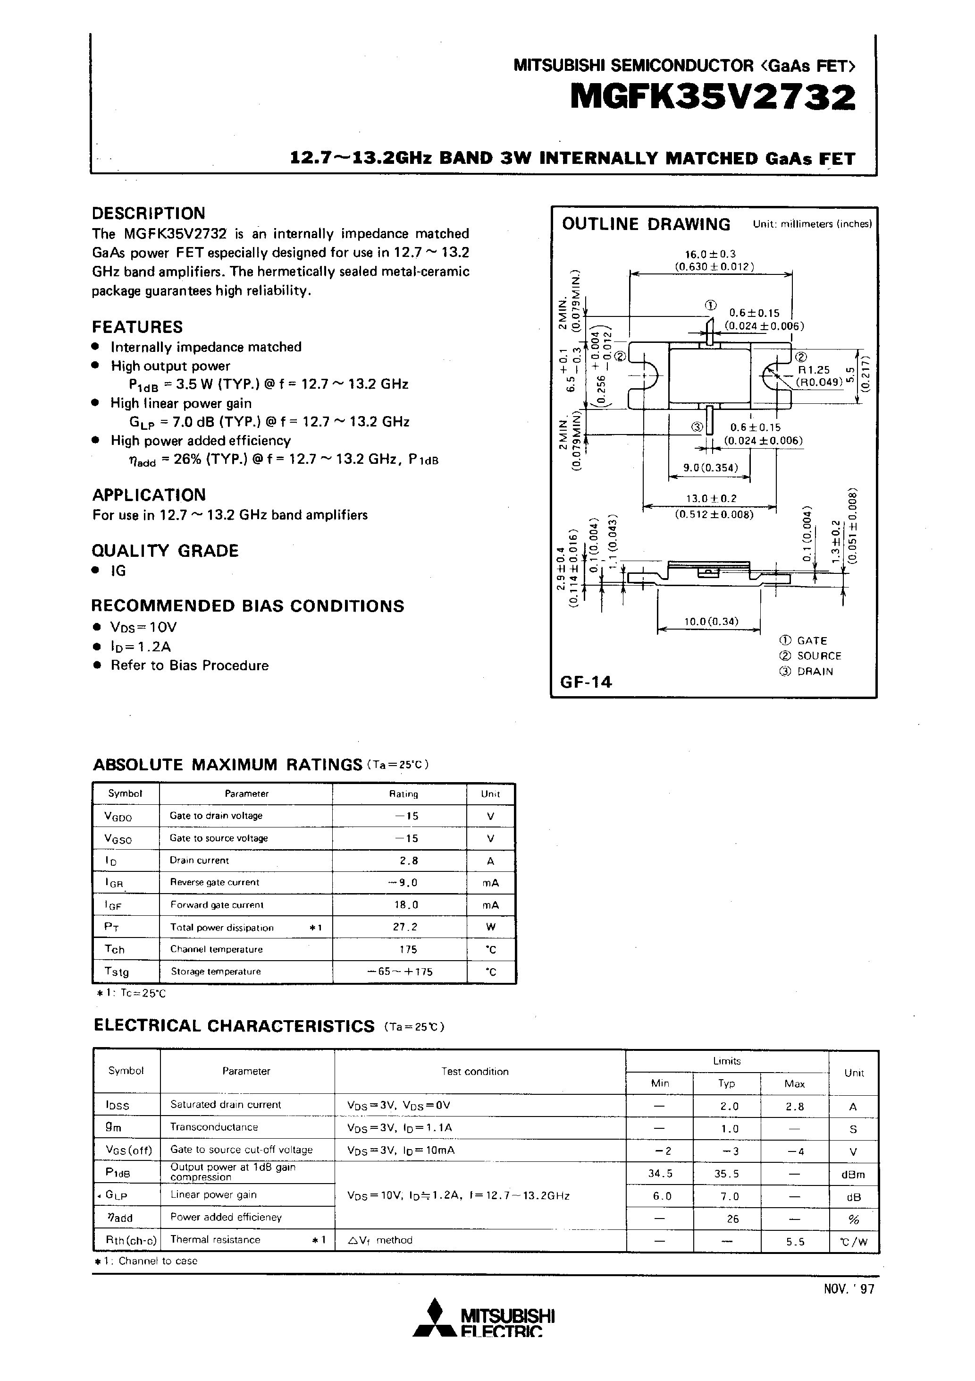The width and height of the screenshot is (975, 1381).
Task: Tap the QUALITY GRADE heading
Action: [165, 551]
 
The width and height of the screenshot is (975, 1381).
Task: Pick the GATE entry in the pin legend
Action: [812, 640]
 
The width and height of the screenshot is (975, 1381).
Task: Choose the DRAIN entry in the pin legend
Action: [815, 671]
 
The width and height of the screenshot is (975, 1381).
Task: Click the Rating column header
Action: [403, 794]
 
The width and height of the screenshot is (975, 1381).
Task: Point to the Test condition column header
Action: [475, 1071]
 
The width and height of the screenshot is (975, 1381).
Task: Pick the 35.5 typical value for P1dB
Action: [727, 1174]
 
